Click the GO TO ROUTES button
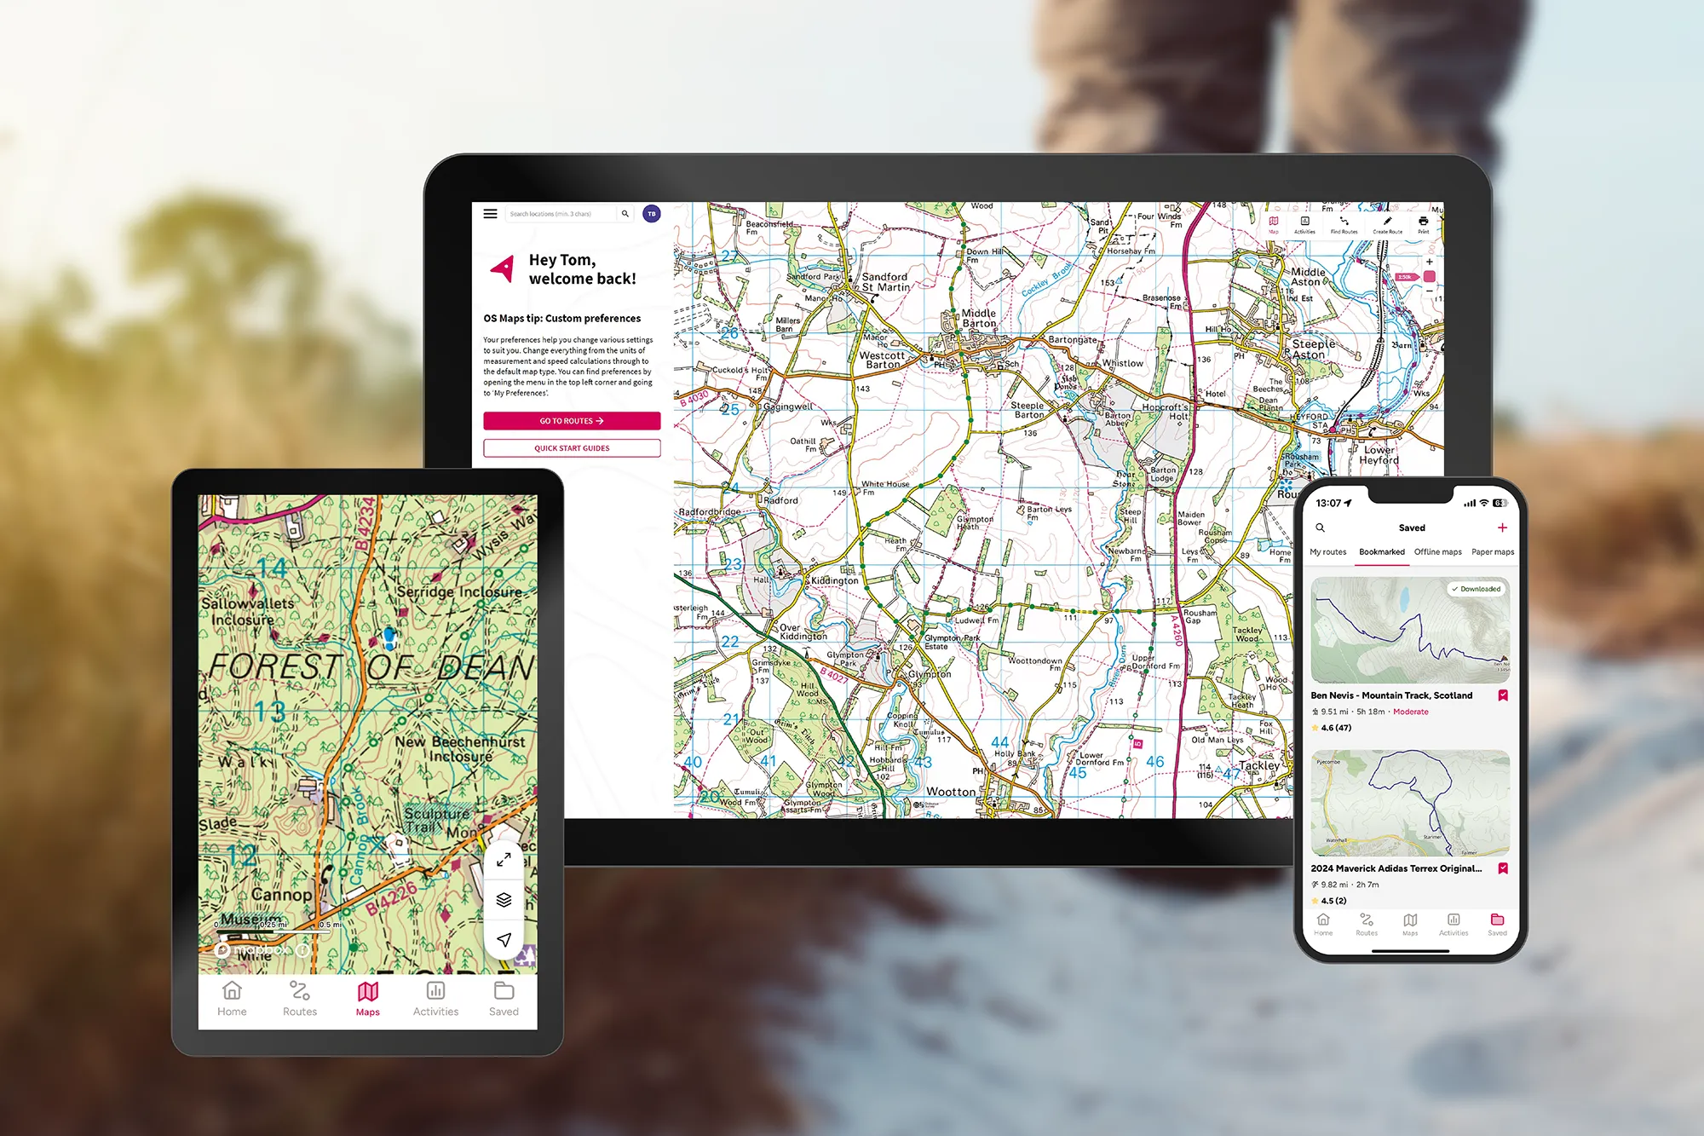pos(572,421)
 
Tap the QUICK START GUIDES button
pos(572,448)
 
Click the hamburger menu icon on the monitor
pos(491,214)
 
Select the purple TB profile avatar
pos(652,214)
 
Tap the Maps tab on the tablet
pos(368,998)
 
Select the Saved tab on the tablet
pos(504,998)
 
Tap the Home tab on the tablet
pos(232,998)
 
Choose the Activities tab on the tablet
pos(435,998)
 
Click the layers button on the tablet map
pos(504,900)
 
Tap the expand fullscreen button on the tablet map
pos(504,860)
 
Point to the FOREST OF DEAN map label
pos(371,667)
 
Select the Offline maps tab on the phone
pos(1438,552)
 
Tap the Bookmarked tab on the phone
pos(1382,552)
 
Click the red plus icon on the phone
pos(1502,528)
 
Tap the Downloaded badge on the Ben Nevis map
pos(1477,589)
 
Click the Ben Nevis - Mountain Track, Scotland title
pos(1391,695)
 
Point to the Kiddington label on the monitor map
pos(835,581)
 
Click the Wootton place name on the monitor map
pos(951,792)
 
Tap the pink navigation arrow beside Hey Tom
pos(504,268)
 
